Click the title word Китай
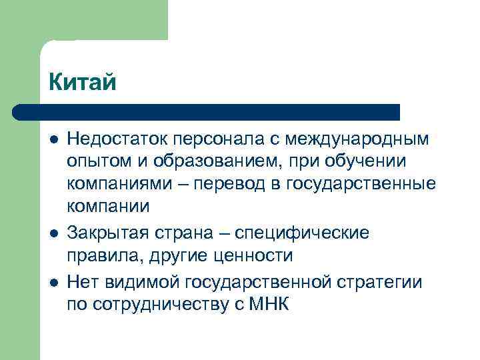pyautogui.click(x=83, y=82)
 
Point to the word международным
pyautogui.click(x=357, y=139)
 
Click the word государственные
pyautogui.click(x=361, y=184)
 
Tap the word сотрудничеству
pyautogui.click(x=167, y=305)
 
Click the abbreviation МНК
pyautogui.click(x=269, y=305)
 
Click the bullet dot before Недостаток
pyautogui.click(x=53, y=140)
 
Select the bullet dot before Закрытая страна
pyautogui.click(x=53, y=234)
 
